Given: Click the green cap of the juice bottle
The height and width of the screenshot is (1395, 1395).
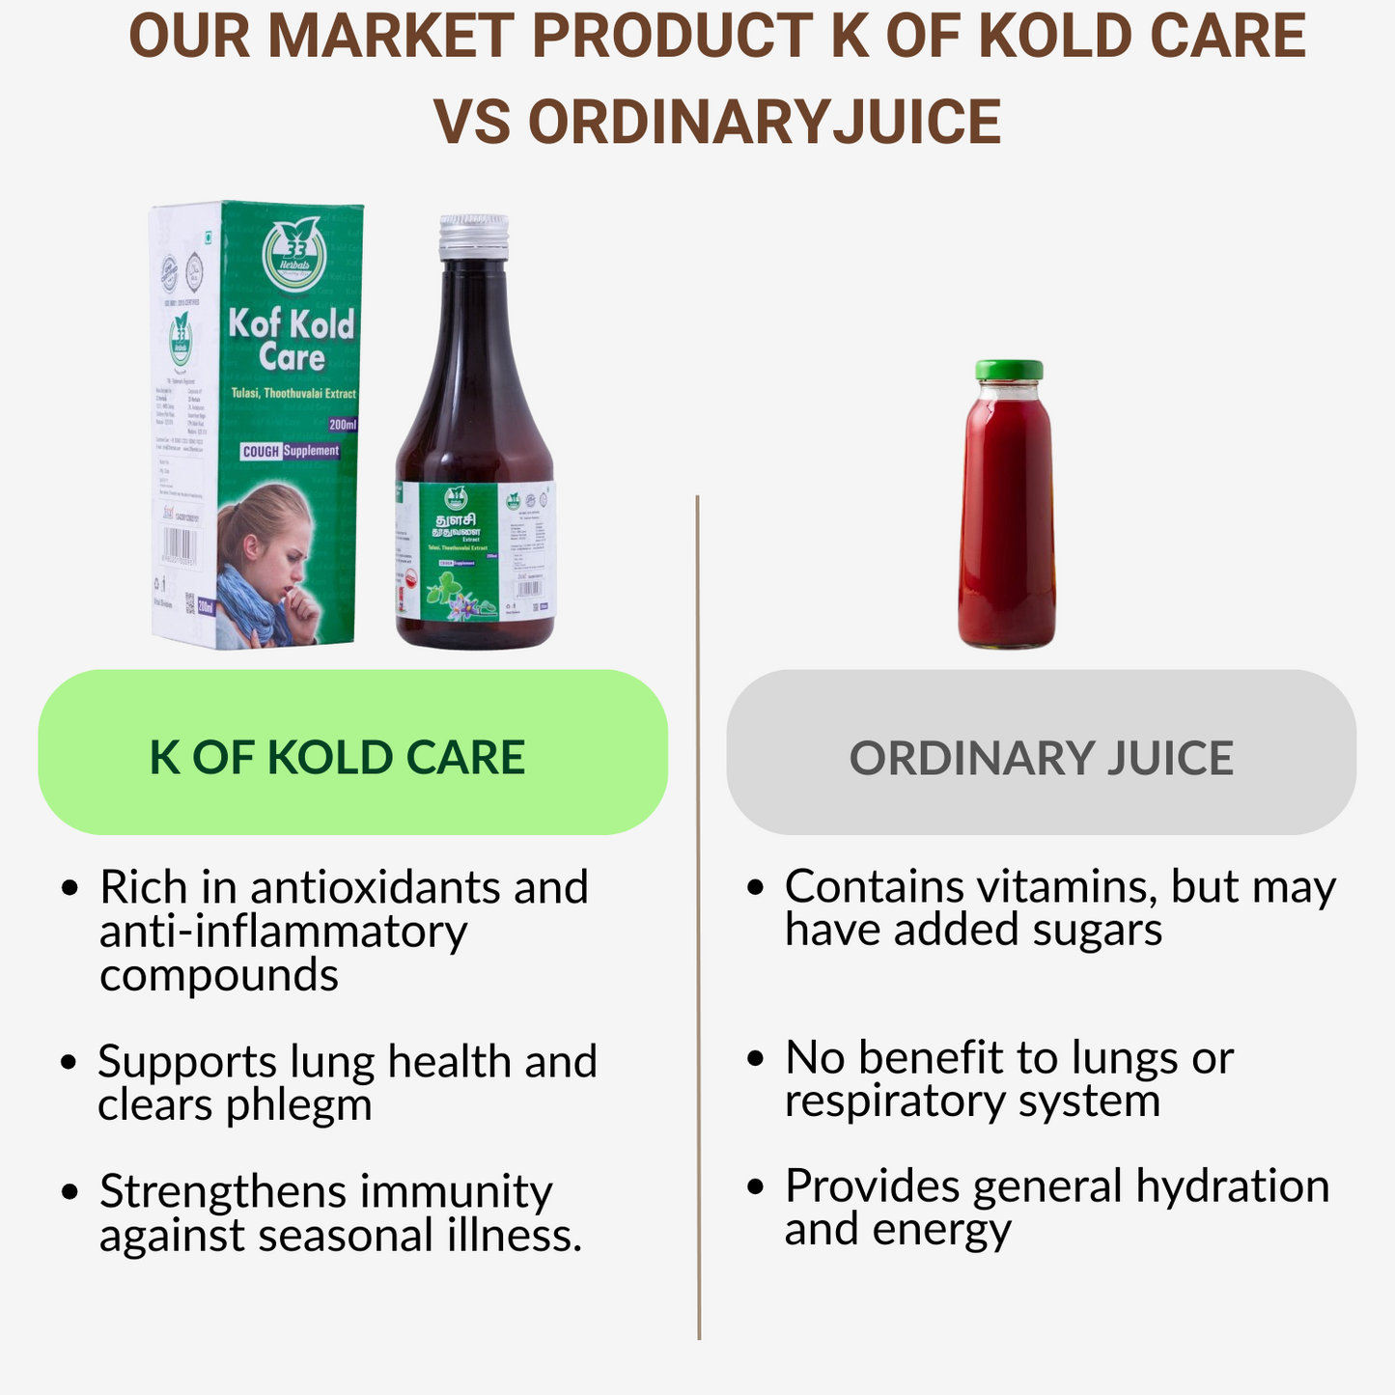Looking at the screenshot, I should tap(1009, 370).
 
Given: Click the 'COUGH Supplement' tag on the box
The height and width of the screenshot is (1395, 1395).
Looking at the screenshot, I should tap(291, 451).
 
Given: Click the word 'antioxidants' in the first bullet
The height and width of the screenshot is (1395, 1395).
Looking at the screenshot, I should tap(377, 887).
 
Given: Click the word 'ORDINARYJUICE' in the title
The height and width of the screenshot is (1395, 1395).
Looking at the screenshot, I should tap(716, 122).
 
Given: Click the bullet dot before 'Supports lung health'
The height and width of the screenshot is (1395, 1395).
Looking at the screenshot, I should tap(68, 1062).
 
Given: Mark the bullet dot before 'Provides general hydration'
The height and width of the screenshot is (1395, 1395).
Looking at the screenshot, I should tap(756, 1186).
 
